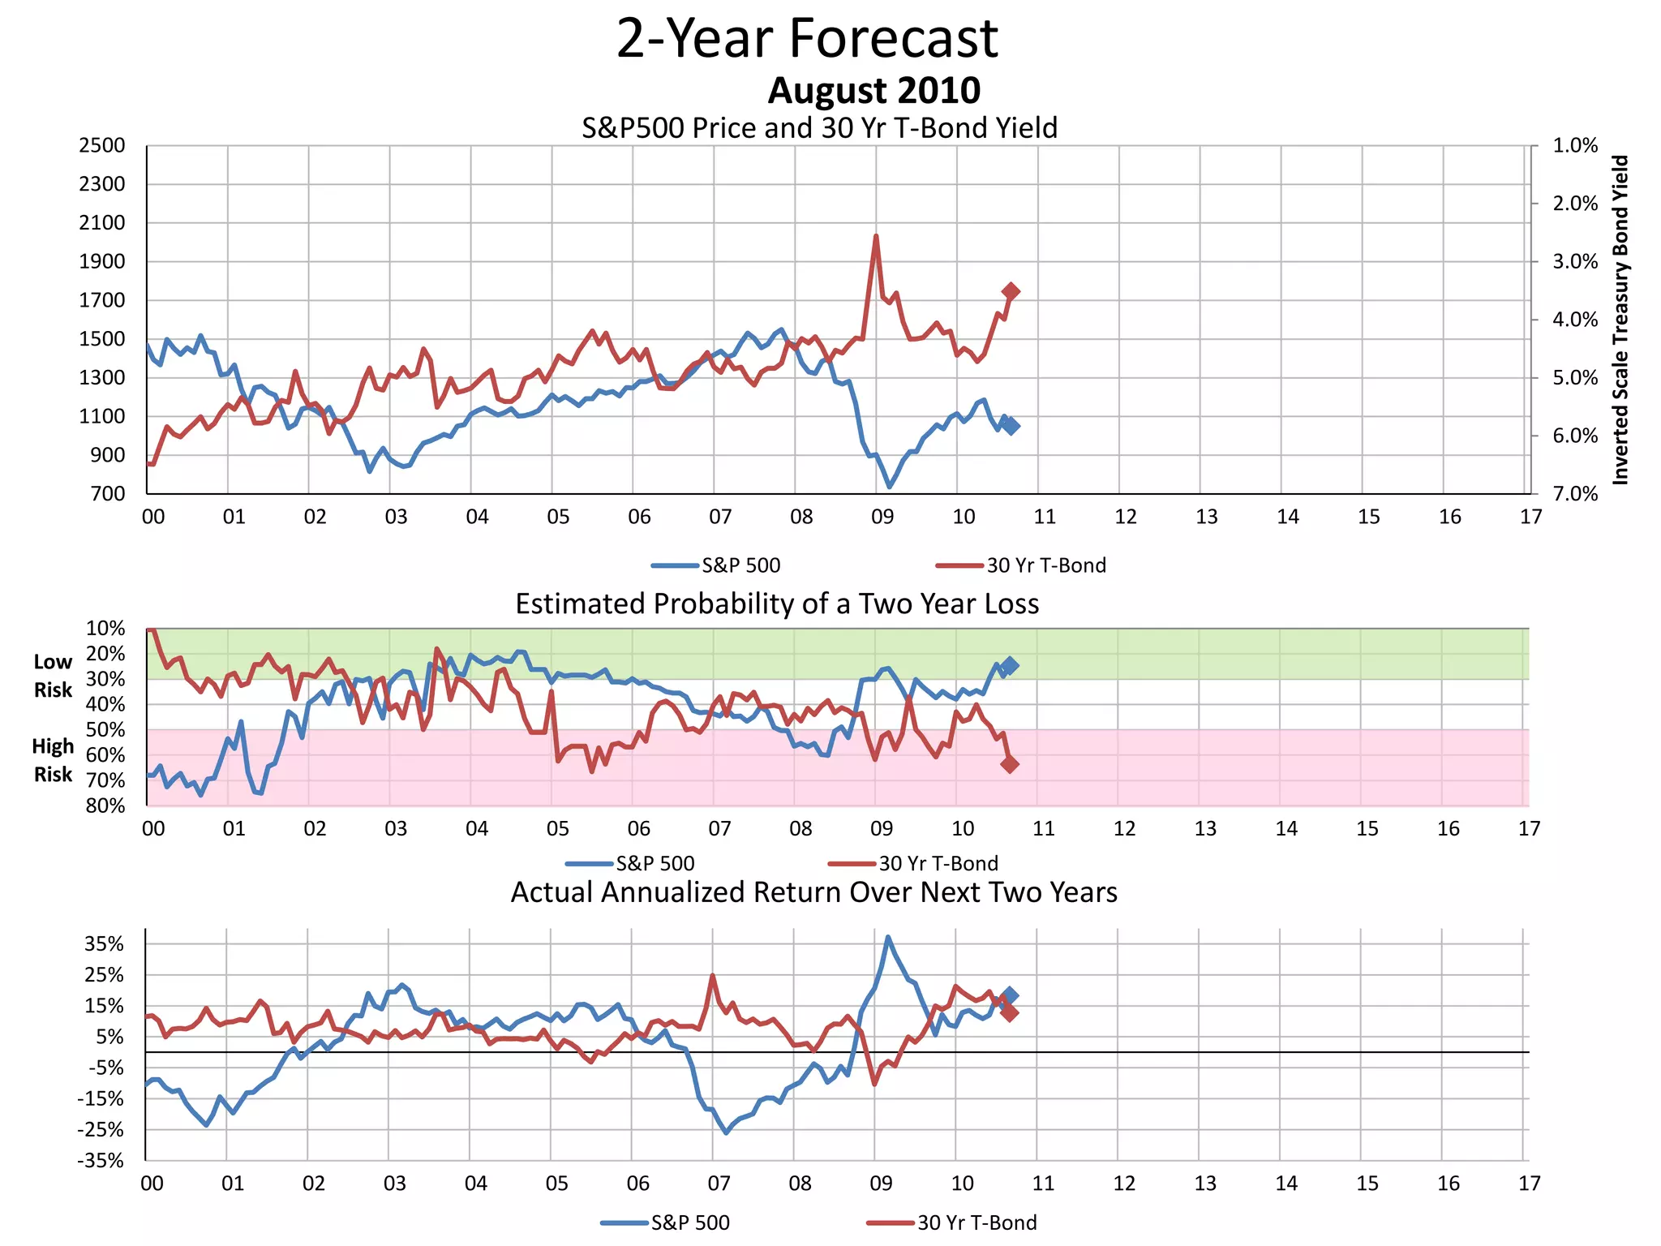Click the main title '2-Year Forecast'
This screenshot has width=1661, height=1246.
point(807,39)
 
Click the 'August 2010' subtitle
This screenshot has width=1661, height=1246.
point(873,91)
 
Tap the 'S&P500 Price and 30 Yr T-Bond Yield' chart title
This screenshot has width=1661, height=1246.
point(819,128)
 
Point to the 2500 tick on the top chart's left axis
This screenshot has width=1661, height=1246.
point(102,146)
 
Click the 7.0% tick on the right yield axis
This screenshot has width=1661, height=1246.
point(1575,494)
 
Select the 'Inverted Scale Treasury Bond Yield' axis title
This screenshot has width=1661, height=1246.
point(1620,320)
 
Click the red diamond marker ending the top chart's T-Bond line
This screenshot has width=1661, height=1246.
point(1011,291)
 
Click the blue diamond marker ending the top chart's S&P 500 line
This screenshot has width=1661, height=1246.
point(1011,426)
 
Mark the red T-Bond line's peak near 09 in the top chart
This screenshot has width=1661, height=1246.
point(876,236)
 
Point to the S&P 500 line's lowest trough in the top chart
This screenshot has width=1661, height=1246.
point(890,486)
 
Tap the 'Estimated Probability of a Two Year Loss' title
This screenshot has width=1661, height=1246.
point(777,604)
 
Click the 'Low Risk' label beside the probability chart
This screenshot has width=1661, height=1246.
point(53,676)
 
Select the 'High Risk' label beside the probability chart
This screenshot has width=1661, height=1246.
point(53,760)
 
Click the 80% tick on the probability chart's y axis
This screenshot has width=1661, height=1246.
point(105,806)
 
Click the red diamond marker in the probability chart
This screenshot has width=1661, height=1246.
point(1010,764)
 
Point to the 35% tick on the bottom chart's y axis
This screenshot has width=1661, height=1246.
point(105,944)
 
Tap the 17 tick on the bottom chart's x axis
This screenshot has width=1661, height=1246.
point(1529,1184)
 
